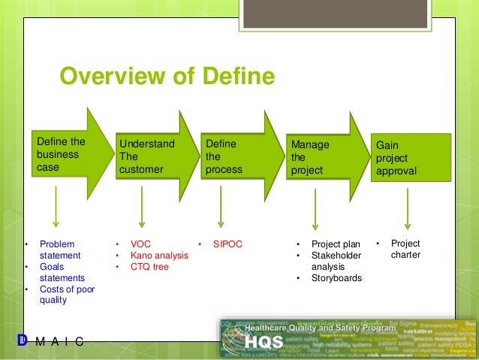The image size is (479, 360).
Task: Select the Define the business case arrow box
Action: [62, 155]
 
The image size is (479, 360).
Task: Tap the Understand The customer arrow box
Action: [147, 156]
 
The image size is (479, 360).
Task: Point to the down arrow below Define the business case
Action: [56, 207]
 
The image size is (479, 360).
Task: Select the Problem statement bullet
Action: [61, 250]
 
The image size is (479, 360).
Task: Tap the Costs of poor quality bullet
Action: [66, 295]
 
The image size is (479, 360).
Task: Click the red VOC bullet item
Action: [140, 244]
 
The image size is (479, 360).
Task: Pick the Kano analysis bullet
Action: [158, 256]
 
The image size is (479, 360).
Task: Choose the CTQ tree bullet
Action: [149, 267]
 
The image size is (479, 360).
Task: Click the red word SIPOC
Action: [229, 244]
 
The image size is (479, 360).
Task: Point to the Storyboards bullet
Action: [336, 278]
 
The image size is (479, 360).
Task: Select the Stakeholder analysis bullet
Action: [336, 261]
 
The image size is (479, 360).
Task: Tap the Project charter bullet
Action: [405, 249]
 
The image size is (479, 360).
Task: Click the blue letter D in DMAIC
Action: [22, 341]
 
